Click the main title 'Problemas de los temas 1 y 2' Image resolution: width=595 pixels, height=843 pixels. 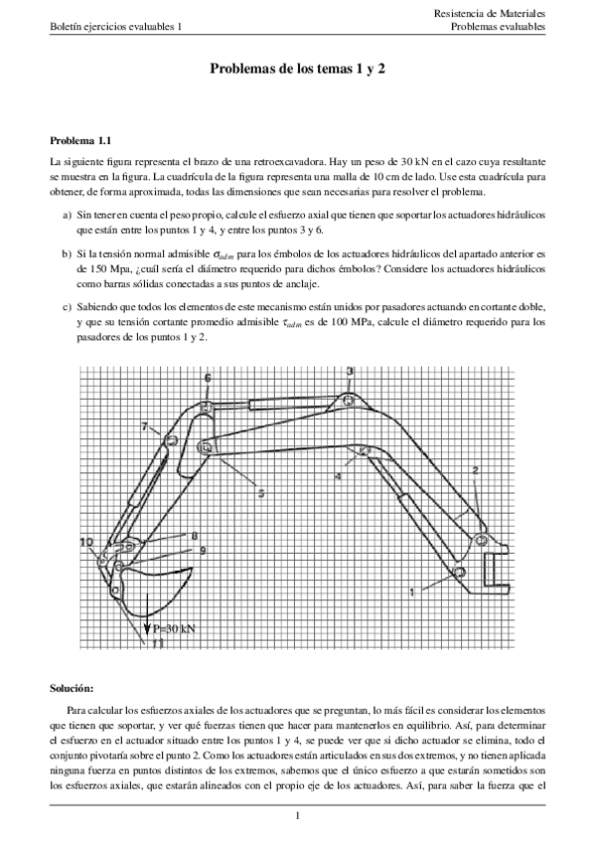coord(297,70)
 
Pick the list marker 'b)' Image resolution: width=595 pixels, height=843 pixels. coord(67,253)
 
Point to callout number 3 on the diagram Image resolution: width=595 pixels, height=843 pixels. coord(350,371)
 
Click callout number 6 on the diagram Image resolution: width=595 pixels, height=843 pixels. coord(208,379)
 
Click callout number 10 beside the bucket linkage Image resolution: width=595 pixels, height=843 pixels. coord(86,542)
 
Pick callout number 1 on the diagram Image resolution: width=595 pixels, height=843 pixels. coord(411,591)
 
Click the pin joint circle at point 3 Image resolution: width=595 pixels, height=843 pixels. coord(349,401)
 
